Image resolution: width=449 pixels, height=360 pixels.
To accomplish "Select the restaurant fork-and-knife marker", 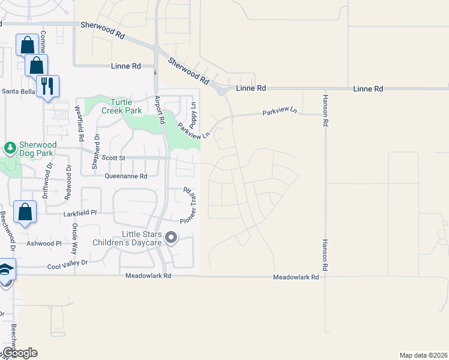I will [x=47, y=86].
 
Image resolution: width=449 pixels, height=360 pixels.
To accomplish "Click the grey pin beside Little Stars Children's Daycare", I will [x=171, y=238].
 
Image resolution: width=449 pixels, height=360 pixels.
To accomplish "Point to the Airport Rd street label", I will [x=160, y=110].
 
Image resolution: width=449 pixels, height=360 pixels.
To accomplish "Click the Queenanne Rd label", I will [x=125, y=176].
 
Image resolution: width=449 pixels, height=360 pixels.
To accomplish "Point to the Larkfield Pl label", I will [x=80, y=213].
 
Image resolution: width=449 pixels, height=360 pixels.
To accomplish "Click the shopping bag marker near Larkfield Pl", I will [x=25, y=212].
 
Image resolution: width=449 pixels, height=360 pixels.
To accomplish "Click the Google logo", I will [x=19, y=353].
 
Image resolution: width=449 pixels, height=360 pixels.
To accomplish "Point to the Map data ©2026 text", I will [x=423, y=355].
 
